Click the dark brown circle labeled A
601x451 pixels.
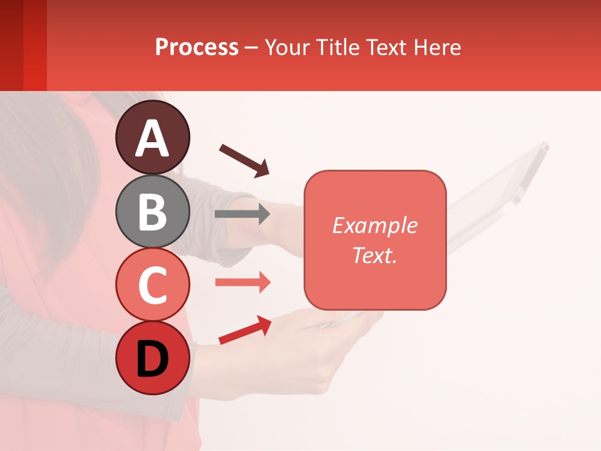153,137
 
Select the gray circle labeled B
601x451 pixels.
153,211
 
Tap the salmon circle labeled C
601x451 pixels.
153,284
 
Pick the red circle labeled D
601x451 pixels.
153,358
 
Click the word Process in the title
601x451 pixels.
197,48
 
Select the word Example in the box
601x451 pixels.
374,225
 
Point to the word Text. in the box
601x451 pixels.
374,255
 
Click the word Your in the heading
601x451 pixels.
286,48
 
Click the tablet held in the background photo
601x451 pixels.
501,188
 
